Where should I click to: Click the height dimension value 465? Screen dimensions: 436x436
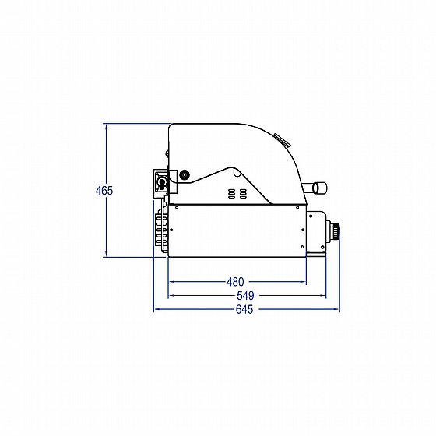tap(104, 191)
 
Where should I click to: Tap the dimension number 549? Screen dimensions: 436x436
tap(246, 296)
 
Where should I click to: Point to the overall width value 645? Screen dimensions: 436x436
tap(244, 310)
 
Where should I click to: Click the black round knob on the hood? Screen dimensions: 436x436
tap(184, 175)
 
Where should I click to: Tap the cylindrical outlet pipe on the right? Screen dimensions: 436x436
tap(318, 188)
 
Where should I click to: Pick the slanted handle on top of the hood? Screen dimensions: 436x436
tap(282, 139)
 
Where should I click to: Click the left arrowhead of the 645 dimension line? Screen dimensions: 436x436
tap(156, 310)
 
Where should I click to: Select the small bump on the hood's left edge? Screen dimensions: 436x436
tap(166, 154)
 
